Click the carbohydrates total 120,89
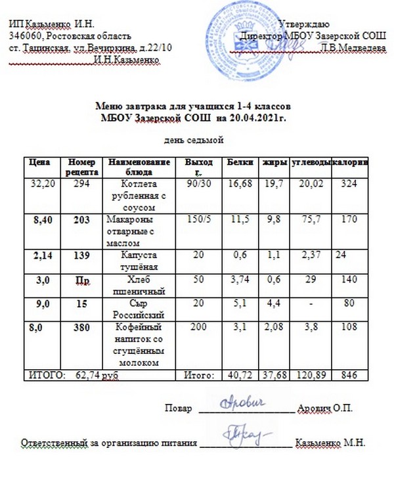pyautogui.click(x=308, y=375)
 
